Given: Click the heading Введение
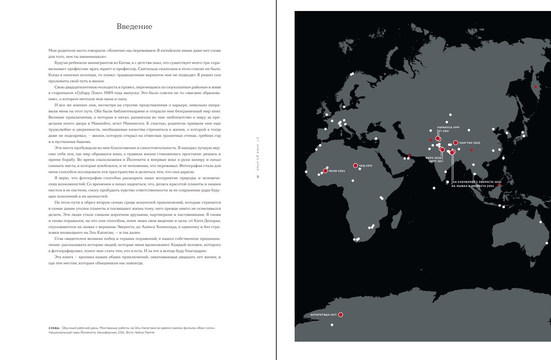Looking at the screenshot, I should (134, 27).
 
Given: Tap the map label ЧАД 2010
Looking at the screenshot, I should (365, 166).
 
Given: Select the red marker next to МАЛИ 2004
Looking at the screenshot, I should (326, 171).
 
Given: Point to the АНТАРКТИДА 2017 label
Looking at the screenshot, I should (323, 315).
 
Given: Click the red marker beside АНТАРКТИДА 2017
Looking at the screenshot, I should (341, 315).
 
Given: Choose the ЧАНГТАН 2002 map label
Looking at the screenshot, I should (470, 143).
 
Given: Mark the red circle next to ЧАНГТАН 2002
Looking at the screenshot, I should (456, 143).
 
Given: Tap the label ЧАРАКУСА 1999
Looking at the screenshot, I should (448, 127).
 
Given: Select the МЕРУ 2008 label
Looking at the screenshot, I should (434, 158).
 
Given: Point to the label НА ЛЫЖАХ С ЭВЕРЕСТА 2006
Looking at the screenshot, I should (473, 186).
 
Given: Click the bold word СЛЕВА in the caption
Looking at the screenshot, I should (54, 327).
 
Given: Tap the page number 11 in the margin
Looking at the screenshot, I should (258, 177).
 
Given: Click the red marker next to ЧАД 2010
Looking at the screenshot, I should (355, 166).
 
